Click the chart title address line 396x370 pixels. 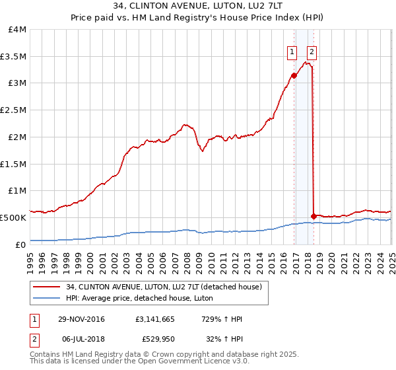coord(197,7)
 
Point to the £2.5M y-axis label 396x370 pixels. coord(13,110)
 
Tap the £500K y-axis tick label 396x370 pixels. coord(13,217)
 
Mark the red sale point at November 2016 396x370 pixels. coord(294,75)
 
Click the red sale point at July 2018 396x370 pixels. coord(313,215)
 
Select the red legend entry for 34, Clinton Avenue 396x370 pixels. coord(164,287)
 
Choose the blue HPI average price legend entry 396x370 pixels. coord(139,298)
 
